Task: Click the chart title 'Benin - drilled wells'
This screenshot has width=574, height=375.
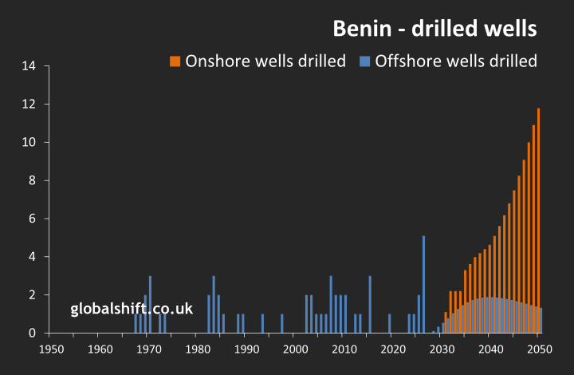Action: [x=434, y=29]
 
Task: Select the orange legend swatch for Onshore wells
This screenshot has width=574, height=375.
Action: [x=175, y=61]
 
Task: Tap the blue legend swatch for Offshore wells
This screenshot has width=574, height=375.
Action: [x=364, y=61]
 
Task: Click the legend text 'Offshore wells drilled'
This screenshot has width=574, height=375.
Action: [x=456, y=61]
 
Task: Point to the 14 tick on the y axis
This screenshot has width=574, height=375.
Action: [x=29, y=66]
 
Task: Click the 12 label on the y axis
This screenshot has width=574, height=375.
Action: [x=29, y=105]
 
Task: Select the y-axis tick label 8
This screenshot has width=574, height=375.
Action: [x=33, y=180]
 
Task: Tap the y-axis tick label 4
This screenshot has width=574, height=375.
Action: [x=33, y=257]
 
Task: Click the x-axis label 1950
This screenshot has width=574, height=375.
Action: [x=50, y=349]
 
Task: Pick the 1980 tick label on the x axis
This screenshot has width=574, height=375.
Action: [x=197, y=349]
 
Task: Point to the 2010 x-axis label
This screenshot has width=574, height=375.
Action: [x=344, y=349]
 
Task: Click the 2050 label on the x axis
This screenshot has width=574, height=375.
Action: [x=539, y=349]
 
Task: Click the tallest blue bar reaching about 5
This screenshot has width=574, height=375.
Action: [x=423, y=284]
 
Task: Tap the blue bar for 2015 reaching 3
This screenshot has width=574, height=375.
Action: [x=370, y=304]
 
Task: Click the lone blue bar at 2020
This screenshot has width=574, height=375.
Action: [x=390, y=323]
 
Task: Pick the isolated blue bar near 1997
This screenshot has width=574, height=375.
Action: [x=282, y=323]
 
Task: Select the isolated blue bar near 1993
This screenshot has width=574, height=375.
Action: [x=262, y=323]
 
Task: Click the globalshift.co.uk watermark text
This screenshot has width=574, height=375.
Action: [x=132, y=309]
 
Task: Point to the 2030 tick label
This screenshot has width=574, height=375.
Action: [x=441, y=349]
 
